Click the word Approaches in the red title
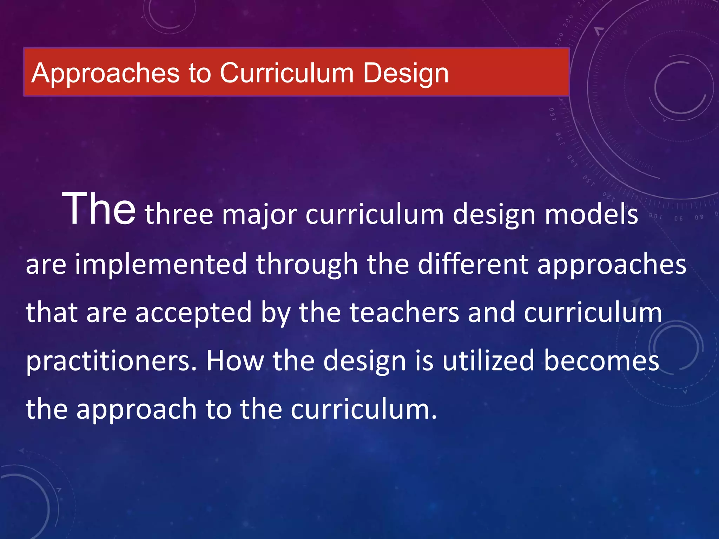coord(105,73)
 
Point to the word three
coord(179,214)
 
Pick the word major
coord(259,214)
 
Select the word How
coord(235,361)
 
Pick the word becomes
coord(601,361)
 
